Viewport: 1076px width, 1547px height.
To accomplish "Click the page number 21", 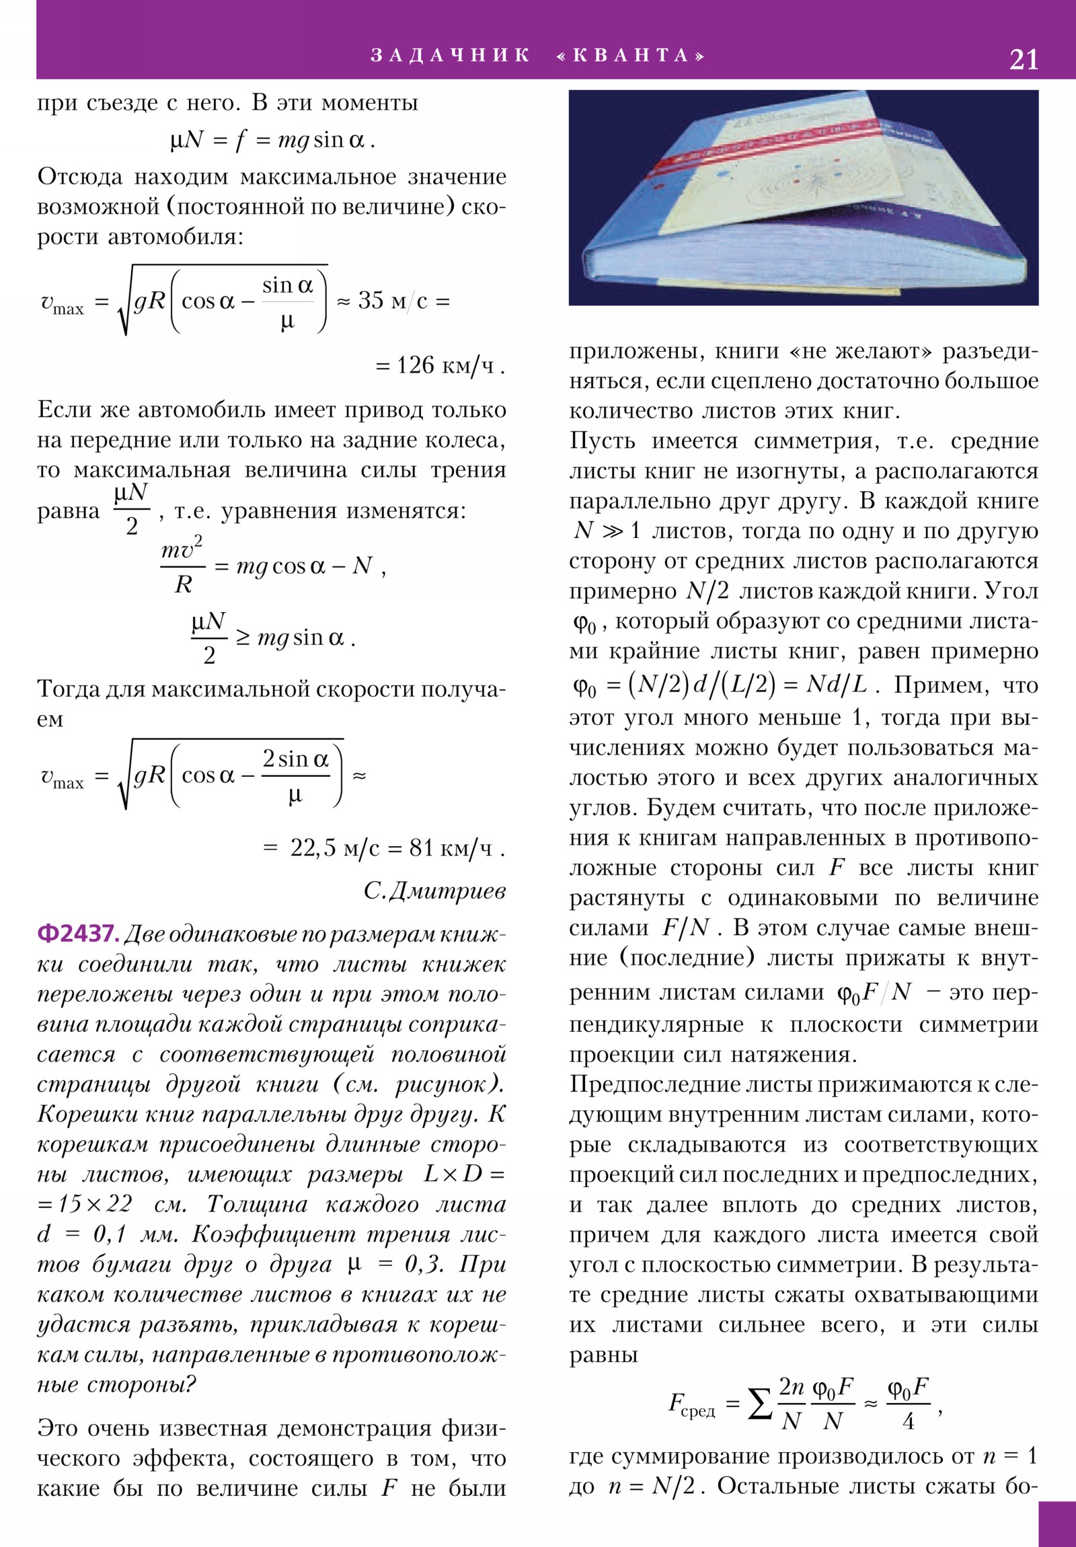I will tap(1023, 60).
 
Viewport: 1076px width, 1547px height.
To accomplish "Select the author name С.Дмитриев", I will tap(434, 891).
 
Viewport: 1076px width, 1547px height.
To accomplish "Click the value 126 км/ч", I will tap(445, 366).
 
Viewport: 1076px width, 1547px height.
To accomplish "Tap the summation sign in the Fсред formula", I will tap(760, 1405).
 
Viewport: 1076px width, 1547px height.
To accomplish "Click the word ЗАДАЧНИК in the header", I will tap(450, 55).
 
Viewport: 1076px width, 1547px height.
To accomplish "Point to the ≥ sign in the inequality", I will tap(243, 638).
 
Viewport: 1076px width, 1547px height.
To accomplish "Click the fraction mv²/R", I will tap(183, 566).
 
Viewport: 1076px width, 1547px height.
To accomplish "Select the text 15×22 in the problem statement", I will tap(94, 1203).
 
